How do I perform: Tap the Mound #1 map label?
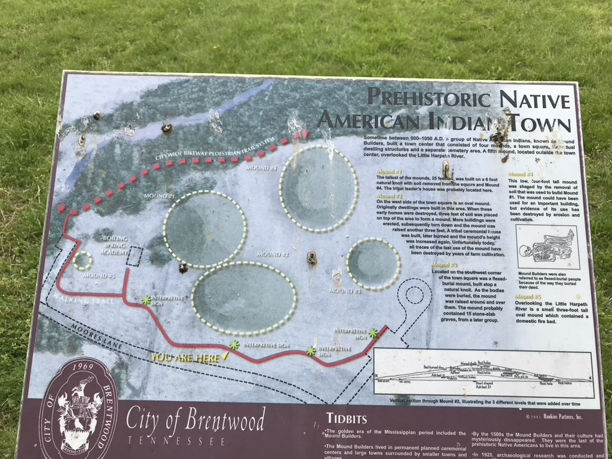[160, 196]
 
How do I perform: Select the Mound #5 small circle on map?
[82, 261]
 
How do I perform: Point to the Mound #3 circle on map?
[374, 264]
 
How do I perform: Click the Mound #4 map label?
[262, 168]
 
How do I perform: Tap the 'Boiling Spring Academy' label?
[115, 245]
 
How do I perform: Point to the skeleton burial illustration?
[547, 247]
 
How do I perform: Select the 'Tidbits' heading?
[347, 418]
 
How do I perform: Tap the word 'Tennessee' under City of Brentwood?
[176, 441]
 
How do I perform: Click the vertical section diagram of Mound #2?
[484, 374]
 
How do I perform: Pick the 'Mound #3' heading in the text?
[445, 265]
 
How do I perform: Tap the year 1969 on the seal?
[79, 366]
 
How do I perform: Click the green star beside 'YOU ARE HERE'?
[234, 345]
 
